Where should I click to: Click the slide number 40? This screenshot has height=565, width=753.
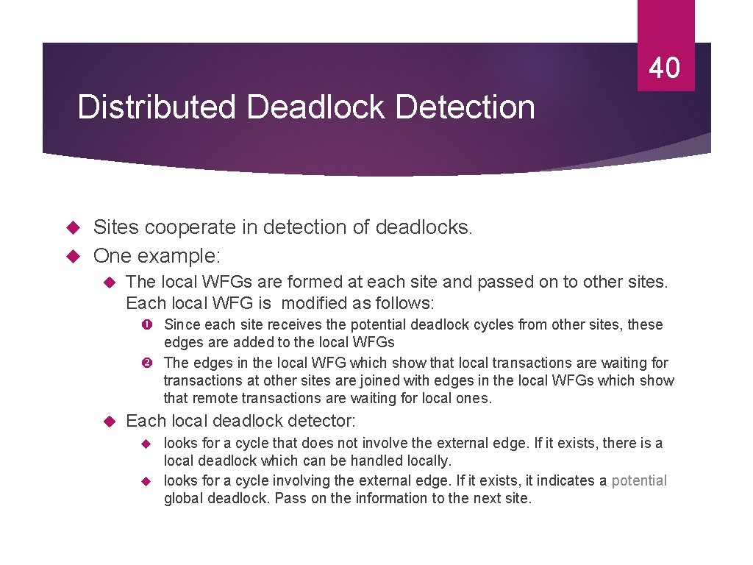tap(665, 68)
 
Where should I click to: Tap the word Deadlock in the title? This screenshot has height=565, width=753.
tap(317, 107)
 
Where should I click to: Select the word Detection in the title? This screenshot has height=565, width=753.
tap(465, 107)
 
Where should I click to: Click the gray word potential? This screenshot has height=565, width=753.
tap(639, 480)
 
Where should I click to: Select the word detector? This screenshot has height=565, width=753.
tap(324, 422)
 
